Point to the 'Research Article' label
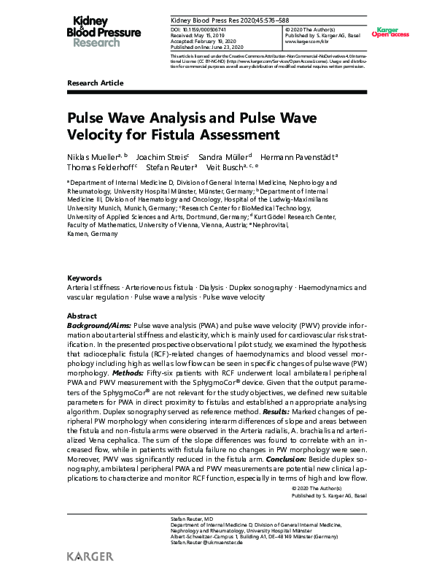tap(96, 84)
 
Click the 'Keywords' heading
tap(84, 278)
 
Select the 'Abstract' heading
tap(82, 314)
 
